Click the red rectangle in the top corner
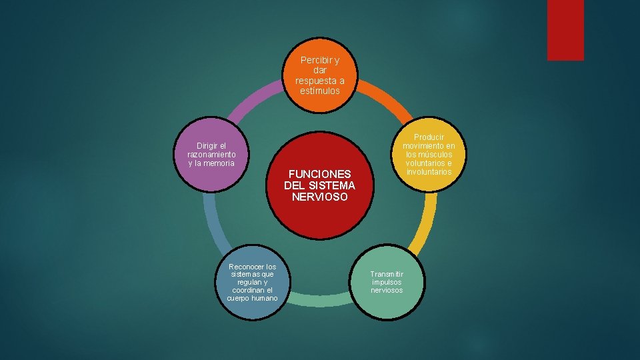[x=565, y=30]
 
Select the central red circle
[x=319, y=185]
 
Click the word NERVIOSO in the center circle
[x=319, y=197]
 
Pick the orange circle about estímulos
[x=320, y=75]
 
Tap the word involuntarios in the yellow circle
[x=428, y=172]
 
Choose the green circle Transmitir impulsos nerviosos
[x=387, y=282]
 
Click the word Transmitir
[x=387, y=274]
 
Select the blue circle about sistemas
[x=252, y=282]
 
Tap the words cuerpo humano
[x=252, y=298]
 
